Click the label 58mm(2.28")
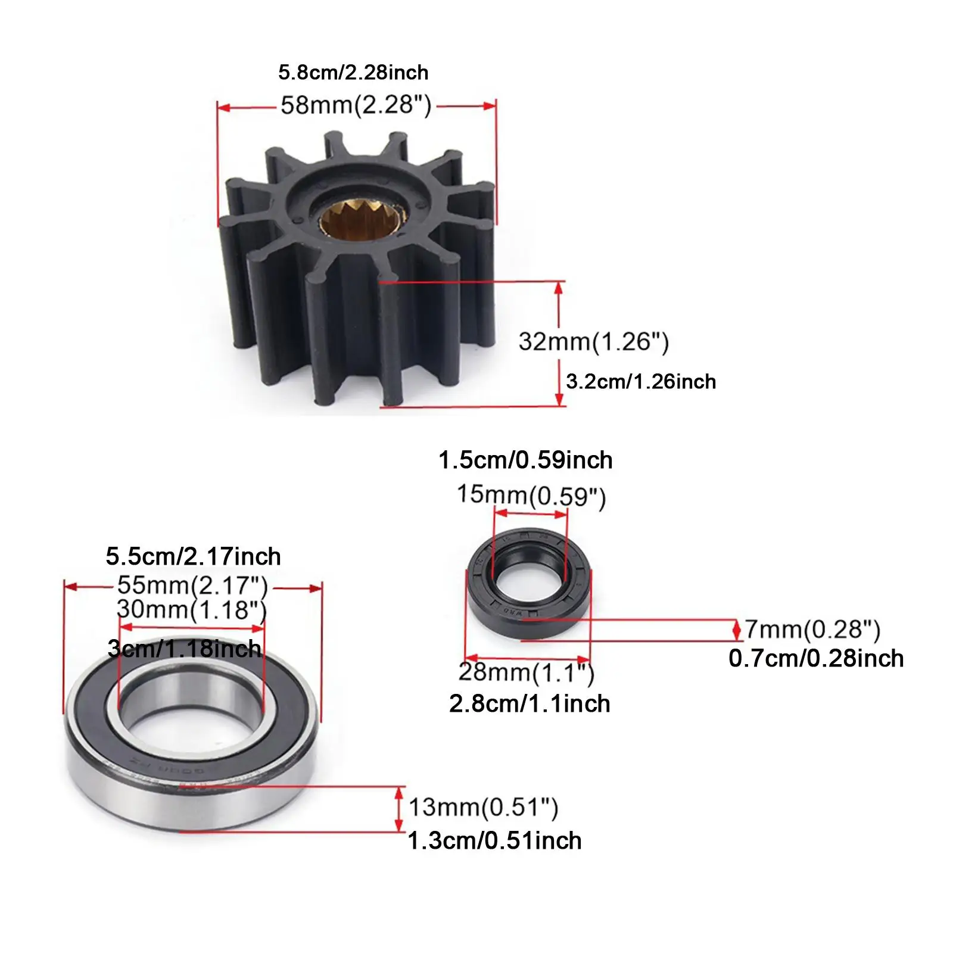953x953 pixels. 356,105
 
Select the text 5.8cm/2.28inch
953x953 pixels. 353,73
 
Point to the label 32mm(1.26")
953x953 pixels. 594,342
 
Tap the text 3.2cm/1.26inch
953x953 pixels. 641,381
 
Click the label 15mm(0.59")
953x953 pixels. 531,496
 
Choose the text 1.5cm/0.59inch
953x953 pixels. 525,460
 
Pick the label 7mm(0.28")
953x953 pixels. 812,630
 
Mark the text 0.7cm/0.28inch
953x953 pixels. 816,659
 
